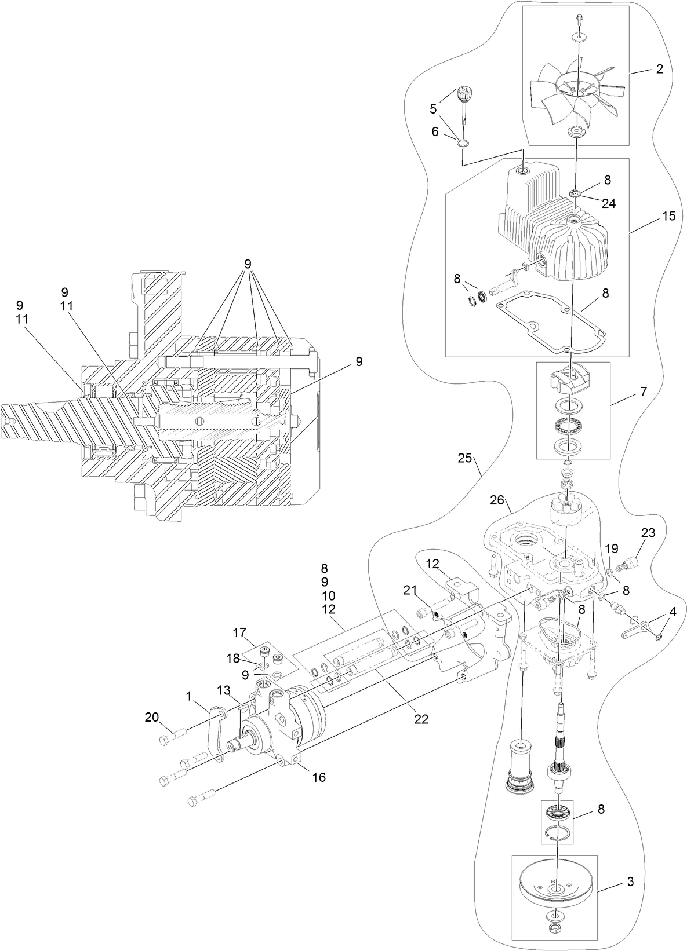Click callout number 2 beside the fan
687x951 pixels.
click(659, 69)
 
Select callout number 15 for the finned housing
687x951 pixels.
click(668, 215)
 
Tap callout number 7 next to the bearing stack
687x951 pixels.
click(644, 392)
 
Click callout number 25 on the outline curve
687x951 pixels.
click(465, 458)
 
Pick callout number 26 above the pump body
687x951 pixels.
click(497, 500)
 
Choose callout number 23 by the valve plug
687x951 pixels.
click(648, 532)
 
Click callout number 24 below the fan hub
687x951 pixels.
click(608, 204)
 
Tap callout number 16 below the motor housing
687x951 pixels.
click(319, 777)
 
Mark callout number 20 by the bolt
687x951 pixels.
click(152, 717)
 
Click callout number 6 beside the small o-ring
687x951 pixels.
click(435, 131)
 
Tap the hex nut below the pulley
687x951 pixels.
click(555, 937)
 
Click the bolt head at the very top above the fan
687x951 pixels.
click(580, 17)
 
